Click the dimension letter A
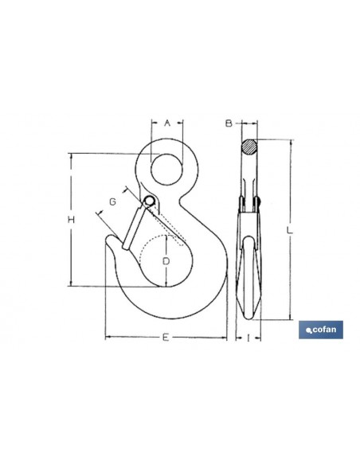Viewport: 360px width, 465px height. click(167, 123)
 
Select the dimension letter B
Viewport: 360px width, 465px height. click(229, 123)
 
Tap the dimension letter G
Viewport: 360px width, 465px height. click(112, 202)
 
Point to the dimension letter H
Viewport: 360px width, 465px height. click(71, 220)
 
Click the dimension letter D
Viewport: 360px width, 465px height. click(166, 261)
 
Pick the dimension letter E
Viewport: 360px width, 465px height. click(166, 337)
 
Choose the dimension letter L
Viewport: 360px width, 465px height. click(289, 230)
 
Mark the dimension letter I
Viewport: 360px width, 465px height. click(248, 338)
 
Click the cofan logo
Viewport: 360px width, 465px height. click(321, 330)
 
